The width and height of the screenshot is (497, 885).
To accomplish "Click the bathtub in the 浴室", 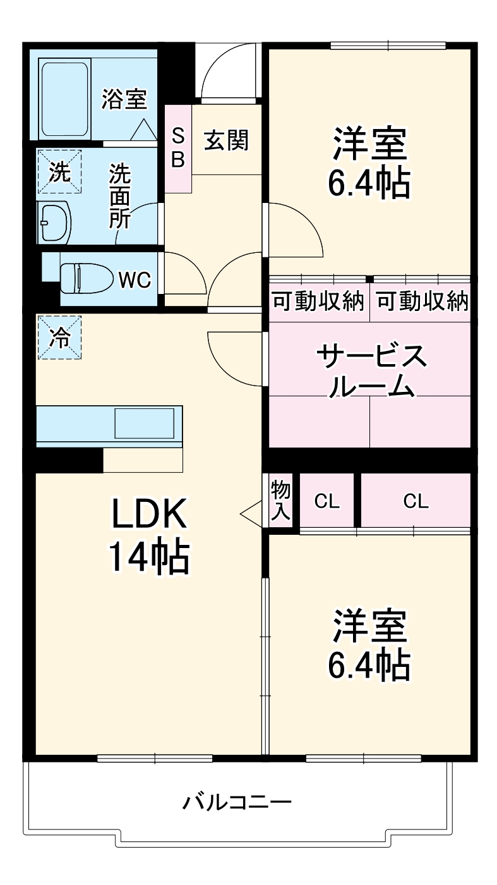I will (x=65, y=99).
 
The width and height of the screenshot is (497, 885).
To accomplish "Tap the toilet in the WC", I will (x=85, y=278).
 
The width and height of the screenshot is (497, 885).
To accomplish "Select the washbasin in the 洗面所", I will (x=53, y=223).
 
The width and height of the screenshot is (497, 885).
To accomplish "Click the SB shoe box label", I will (x=179, y=147).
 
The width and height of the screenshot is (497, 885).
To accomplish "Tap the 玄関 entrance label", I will (x=225, y=140).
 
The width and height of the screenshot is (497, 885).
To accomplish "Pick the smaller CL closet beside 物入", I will (x=327, y=501).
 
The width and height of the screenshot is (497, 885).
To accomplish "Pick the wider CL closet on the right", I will (x=416, y=501).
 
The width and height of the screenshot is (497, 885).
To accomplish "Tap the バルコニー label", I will (x=237, y=803).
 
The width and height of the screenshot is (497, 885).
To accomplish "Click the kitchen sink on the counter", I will (x=144, y=423).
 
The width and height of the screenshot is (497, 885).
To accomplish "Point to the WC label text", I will (x=135, y=279).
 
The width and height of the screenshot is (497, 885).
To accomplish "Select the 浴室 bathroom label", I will (x=124, y=99).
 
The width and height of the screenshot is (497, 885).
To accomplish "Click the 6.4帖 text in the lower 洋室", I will (x=369, y=664).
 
